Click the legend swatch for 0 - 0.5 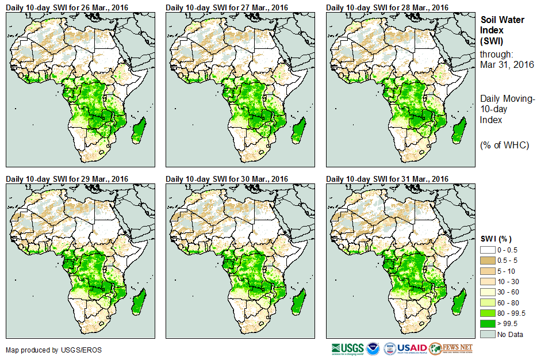[488, 250]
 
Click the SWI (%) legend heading [496, 239]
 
